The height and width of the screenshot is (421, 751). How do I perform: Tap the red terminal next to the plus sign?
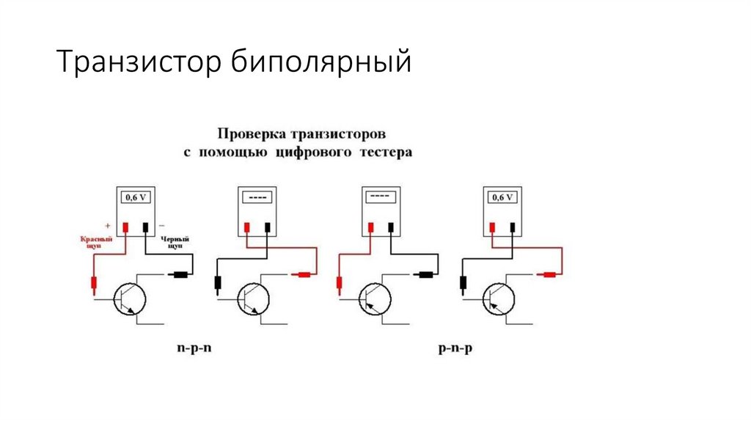point(125,227)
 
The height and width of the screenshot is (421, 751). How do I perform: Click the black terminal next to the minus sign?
point(147,227)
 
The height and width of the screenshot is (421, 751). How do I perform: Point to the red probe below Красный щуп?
point(94,284)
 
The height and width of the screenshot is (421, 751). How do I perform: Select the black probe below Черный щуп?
point(180,276)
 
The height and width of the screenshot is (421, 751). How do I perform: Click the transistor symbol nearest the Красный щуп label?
point(131,300)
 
